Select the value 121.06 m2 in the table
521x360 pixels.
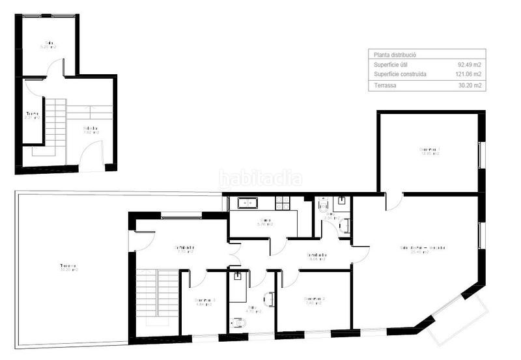click(468, 74)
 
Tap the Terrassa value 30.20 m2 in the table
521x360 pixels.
click(469, 85)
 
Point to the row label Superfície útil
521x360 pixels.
click(391, 65)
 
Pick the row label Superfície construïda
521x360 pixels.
click(400, 74)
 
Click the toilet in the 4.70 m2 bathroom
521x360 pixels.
click(236, 321)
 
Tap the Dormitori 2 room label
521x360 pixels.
click(315, 300)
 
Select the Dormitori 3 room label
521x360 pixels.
click(206, 301)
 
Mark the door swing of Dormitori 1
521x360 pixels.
click(393, 202)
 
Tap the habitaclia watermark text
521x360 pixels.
click(260, 177)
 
